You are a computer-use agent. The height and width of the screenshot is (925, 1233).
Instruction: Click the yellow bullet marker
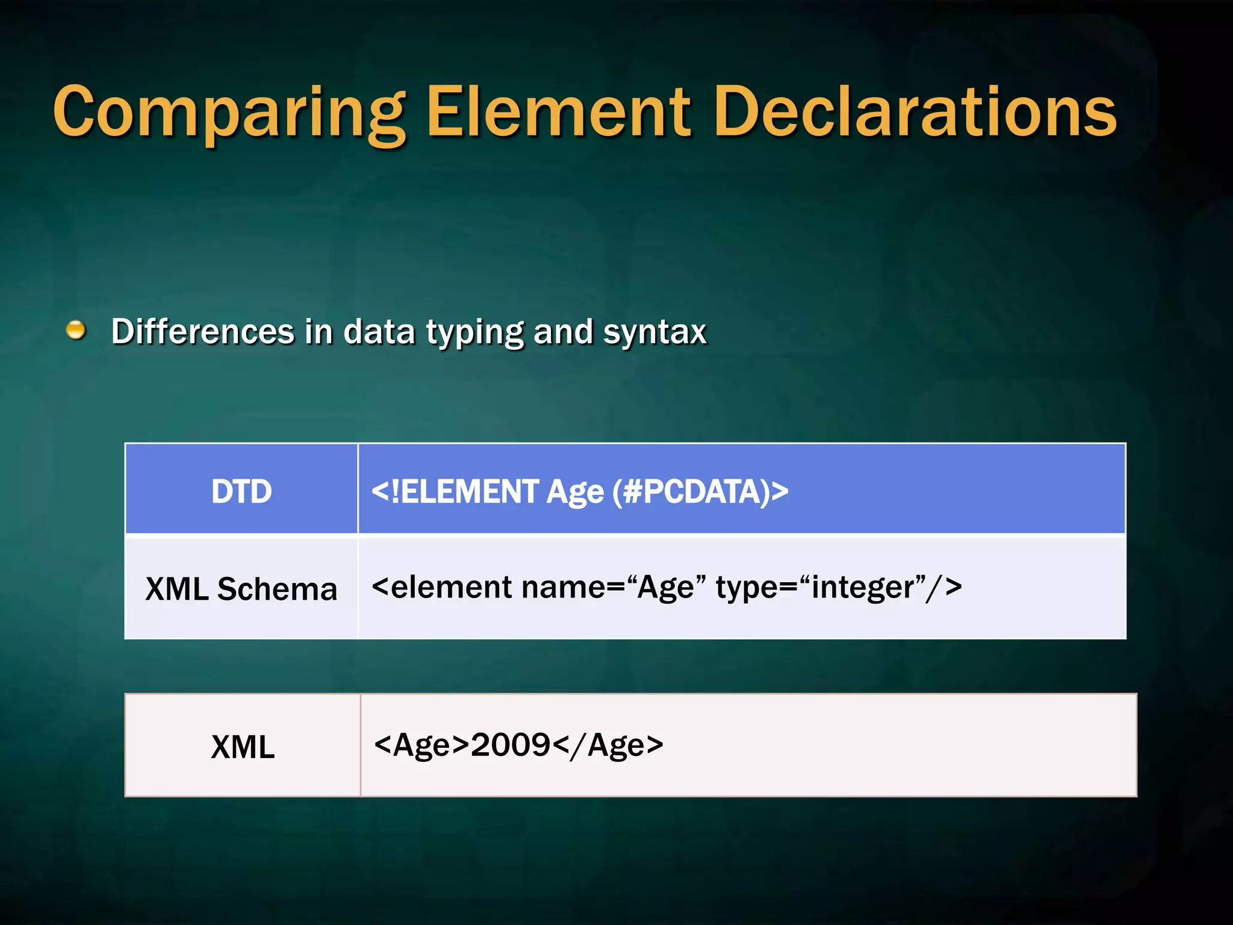point(76,330)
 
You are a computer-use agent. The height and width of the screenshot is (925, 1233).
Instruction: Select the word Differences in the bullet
point(203,332)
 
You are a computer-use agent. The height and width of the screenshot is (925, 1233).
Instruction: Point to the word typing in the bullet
point(475,332)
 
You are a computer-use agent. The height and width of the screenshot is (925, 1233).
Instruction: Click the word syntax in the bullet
point(654,332)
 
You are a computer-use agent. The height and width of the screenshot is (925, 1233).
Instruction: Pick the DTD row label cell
point(241,491)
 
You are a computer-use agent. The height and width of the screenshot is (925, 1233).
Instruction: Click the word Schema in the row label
point(277,589)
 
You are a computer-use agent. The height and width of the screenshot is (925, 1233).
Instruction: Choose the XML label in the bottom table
point(243,747)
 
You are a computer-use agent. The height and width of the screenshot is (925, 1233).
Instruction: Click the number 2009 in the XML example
point(511,745)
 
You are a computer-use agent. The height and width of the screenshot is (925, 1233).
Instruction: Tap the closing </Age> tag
point(608,745)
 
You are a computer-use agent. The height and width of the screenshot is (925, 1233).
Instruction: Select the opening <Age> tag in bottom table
point(421,745)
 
